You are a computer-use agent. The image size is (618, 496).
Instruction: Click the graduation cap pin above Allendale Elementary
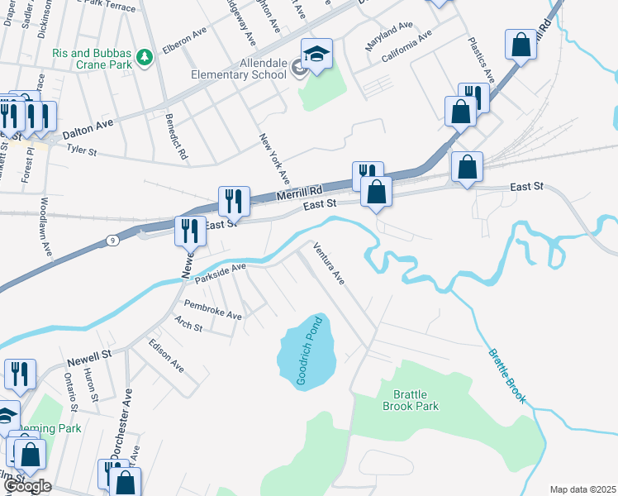click(x=316, y=55)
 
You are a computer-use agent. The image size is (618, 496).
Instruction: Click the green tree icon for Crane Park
click(x=145, y=57)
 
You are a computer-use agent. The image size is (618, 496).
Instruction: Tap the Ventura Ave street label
click(x=328, y=263)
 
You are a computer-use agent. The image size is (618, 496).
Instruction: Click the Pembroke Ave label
click(x=212, y=310)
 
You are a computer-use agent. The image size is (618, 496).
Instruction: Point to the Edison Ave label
click(x=165, y=354)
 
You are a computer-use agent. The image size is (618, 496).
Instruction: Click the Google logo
click(x=26, y=486)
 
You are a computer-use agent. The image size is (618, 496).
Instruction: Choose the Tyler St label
click(x=82, y=151)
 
